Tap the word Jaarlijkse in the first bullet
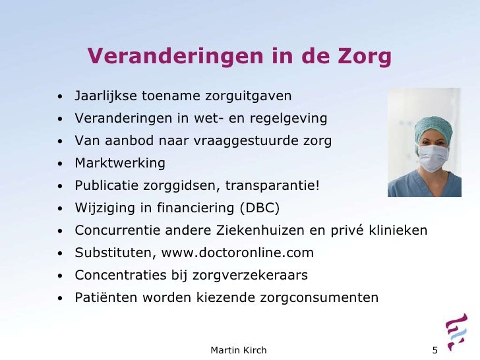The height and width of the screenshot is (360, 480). point(106,97)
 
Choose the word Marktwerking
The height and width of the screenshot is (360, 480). point(120,163)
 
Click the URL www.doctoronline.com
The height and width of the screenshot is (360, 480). point(239,253)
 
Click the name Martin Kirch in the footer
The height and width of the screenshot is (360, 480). point(239,349)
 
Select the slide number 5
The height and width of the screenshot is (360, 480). point(435,349)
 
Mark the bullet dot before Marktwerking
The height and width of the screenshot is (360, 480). point(59,164)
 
